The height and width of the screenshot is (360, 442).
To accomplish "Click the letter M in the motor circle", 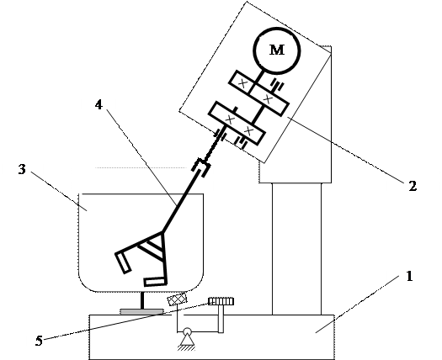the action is tap(277, 50).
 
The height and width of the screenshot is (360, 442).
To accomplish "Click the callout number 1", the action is tap(409, 276).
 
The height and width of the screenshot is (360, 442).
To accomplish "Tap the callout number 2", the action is tap(413, 186).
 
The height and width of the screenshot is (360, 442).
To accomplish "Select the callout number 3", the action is tap(22, 169).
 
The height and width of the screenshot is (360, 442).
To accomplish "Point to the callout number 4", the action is tap(99, 105).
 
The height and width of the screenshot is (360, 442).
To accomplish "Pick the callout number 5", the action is tap(39, 341).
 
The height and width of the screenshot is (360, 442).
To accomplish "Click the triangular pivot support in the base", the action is tap(187, 341).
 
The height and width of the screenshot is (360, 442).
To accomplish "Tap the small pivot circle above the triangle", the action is tap(187, 331).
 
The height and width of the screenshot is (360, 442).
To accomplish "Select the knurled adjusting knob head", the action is tap(221, 301).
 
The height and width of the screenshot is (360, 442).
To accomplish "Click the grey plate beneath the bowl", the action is tap(141, 311).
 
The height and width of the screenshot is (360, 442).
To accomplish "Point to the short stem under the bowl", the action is tap(142, 300).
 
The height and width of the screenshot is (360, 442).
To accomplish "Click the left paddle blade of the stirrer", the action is tap(123, 262).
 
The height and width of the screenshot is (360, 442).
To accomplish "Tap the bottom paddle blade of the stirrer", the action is tap(154, 282).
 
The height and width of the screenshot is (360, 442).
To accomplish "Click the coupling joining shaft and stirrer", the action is tap(201, 168).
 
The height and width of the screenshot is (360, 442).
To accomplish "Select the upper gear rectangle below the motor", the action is tap(258, 93).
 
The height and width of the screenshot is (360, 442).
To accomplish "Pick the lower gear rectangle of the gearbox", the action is tap(237, 123).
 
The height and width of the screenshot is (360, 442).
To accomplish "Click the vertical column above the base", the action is tap(296, 249).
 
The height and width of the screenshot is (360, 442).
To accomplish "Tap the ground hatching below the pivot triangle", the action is tap(187, 348).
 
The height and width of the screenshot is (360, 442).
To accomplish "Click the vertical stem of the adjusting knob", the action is tap(221, 319).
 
